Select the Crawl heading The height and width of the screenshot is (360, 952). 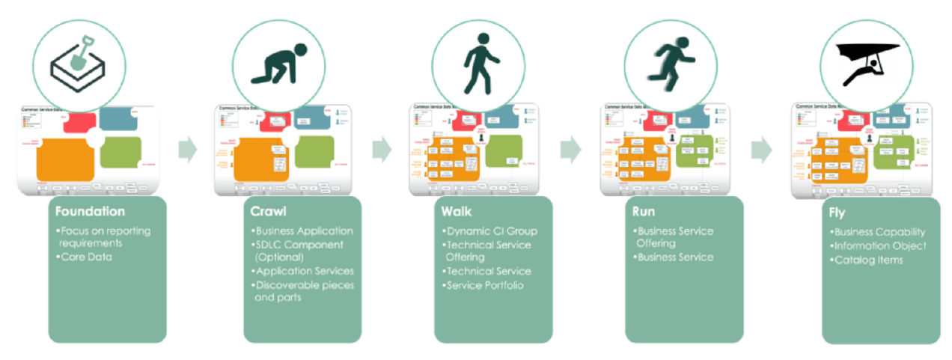266,212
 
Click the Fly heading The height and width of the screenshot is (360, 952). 836,213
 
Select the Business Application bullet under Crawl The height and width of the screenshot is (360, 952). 303,231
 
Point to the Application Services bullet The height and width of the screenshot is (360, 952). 304,271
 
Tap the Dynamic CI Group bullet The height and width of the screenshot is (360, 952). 491,231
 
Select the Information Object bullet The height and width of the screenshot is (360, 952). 879,245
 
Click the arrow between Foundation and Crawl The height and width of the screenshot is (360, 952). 188,150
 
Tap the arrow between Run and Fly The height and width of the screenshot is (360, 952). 760,150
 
